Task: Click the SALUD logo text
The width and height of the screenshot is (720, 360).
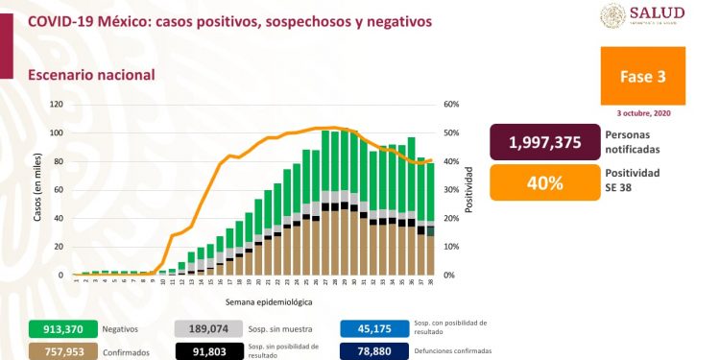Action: pyautogui.click(x=657, y=12)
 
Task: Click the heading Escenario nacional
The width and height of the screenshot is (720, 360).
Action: pyautogui.click(x=91, y=74)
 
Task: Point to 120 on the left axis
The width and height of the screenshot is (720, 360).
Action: pyautogui.click(x=56, y=104)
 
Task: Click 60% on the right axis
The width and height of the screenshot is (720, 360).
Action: pyautogui.click(x=451, y=104)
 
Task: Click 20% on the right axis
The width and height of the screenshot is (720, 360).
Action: pyautogui.click(x=451, y=218)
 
